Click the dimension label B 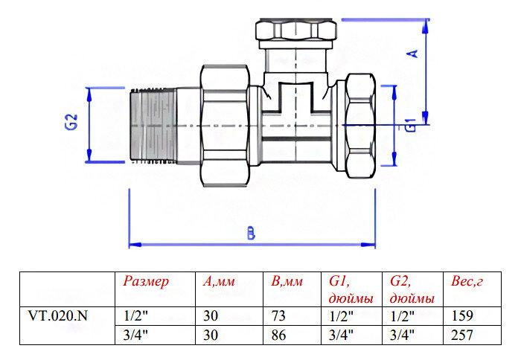coord(252,234)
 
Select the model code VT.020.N coord(58,315)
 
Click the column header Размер coord(147,282)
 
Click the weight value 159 coord(462,315)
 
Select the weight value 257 coord(462,335)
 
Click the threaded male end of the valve coord(154,124)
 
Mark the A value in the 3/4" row coord(210,335)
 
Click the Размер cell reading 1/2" coord(135,315)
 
